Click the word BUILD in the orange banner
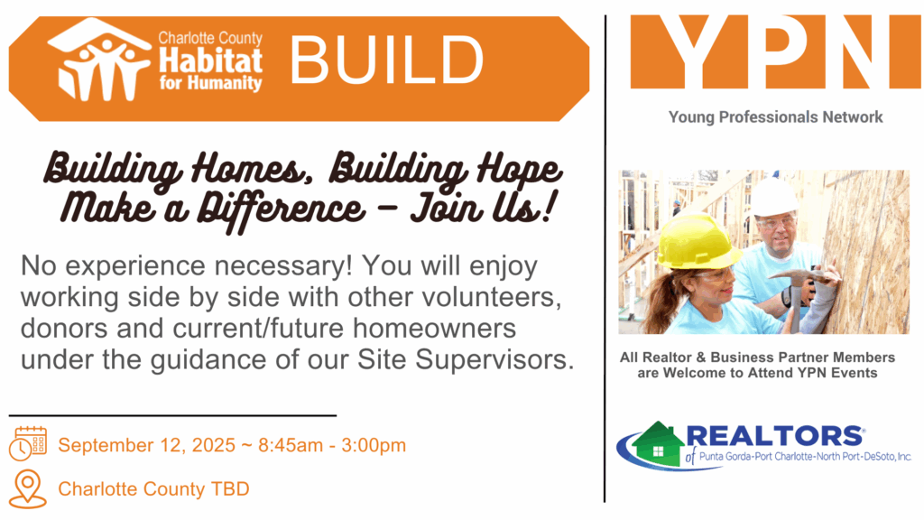(x=386, y=60)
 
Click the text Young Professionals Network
(x=775, y=117)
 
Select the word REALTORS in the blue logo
(x=773, y=436)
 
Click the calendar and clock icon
(x=28, y=443)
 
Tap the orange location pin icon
(x=28, y=488)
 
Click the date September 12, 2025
(x=147, y=445)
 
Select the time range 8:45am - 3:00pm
(x=332, y=445)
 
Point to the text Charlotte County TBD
(x=153, y=488)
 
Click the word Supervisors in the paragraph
(x=494, y=359)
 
